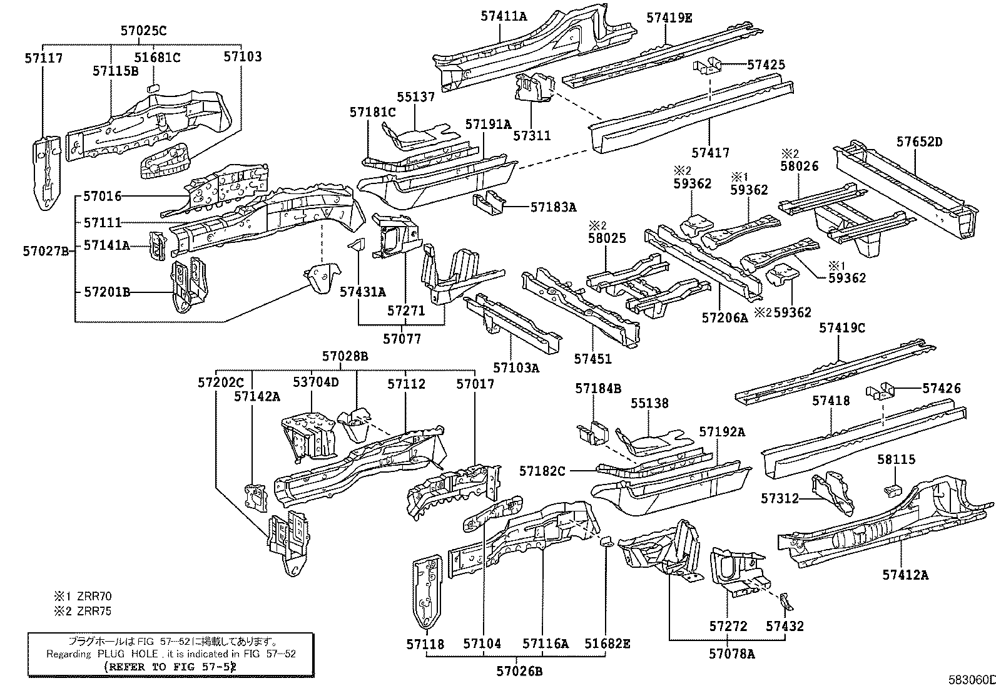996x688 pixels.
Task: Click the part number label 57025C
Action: pos(143,30)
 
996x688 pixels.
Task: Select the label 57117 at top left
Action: pos(44,58)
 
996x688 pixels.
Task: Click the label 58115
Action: pos(895,460)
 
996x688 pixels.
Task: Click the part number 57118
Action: pos(425,644)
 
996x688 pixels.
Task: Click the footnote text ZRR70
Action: pos(92,597)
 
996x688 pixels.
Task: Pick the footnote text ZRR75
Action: pos(92,611)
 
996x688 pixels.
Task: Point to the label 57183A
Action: pos(553,207)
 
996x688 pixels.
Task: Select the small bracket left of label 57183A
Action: pos(489,203)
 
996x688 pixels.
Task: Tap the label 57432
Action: pos(785,625)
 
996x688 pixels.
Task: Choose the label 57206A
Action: pos(724,317)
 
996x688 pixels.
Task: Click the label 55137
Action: pos(415,97)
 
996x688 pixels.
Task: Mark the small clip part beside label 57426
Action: pos(880,393)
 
